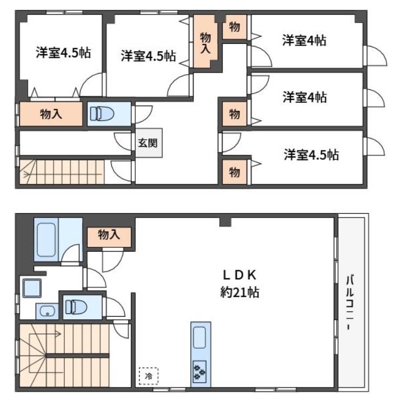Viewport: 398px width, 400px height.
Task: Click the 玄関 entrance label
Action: pos(148,143)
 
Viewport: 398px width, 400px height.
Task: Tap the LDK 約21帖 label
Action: pos(240,284)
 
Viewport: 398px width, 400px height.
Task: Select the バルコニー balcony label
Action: pos(350,302)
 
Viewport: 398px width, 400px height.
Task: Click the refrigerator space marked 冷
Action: pos(149,376)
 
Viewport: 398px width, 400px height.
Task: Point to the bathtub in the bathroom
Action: pos(46,240)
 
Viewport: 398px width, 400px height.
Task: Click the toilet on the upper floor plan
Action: pos(102,114)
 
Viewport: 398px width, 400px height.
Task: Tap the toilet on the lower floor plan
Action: pos(76,307)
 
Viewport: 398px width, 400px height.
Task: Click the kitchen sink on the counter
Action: pos(200,338)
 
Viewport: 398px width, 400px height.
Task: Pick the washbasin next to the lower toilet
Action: pos(47,311)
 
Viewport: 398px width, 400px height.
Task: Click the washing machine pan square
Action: pos(32,288)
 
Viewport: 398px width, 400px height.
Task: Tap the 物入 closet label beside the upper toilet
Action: pos(51,114)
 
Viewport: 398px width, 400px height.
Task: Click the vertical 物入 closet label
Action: pos(205,43)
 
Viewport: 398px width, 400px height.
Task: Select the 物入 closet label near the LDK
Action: pos(109,234)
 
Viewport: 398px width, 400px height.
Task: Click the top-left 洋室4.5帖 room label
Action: pos(63,53)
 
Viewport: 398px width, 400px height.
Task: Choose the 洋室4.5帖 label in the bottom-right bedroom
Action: pos(311,155)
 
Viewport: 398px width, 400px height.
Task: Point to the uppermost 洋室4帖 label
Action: pos(304,40)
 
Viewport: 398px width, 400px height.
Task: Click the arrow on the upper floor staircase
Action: pos(26,175)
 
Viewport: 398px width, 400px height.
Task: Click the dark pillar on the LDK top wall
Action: pos(225,222)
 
